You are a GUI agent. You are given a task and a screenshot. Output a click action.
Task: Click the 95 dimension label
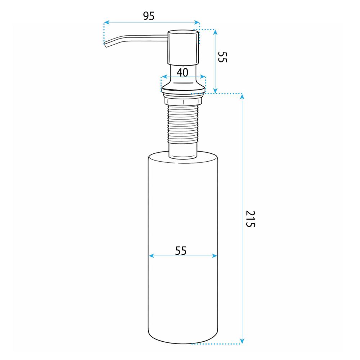point(149,16)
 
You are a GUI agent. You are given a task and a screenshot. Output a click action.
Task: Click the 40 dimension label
point(182,72)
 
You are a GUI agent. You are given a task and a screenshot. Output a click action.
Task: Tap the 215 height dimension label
point(250,219)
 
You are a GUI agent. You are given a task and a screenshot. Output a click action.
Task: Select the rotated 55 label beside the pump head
point(222,57)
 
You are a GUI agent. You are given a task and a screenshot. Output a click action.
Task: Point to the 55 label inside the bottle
point(181,251)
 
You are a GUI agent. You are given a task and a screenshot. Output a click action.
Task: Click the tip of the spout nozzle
point(105,45)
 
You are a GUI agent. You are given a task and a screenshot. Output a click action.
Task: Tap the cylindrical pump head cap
point(183,47)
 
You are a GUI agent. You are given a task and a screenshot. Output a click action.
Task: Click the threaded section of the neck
point(183,124)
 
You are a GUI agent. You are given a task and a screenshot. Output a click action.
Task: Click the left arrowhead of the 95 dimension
point(107,22)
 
